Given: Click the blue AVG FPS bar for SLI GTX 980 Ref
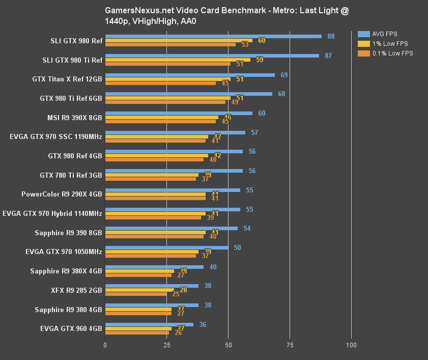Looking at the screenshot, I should click(213, 36).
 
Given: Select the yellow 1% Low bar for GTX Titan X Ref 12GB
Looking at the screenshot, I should click(167, 79).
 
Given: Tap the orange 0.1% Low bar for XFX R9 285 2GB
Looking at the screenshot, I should click(136, 294).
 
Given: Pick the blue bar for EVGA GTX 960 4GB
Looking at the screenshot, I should click(149, 324).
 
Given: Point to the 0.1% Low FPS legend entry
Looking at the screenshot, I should click(385, 53).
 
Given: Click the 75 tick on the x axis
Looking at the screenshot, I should click(290, 345).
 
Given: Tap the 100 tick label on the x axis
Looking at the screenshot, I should click(351, 345).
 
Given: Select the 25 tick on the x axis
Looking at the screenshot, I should click(166, 345).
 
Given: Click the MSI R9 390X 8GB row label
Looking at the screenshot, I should click(74, 118).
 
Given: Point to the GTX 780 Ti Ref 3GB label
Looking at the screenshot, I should click(71, 175).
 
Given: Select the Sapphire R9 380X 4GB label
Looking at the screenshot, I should click(66, 271).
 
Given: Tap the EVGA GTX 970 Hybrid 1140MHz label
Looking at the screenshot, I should click(52, 213).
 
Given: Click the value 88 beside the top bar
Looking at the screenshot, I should click(331, 36).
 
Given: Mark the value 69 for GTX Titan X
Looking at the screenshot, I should click(284, 75).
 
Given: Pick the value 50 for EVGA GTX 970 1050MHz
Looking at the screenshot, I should click(237, 247).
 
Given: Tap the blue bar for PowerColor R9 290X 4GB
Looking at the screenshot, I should click(173, 190).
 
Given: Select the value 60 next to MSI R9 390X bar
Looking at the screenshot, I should click(262, 113).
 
